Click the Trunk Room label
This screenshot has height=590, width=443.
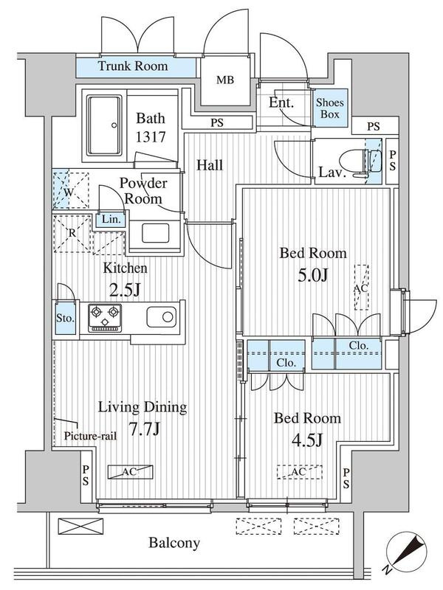[x=133, y=66]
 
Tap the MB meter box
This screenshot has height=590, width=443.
[x=225, y=80]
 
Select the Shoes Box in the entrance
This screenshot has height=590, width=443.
[x=330, y=108]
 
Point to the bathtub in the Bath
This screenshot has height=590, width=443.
[x=105, y=125]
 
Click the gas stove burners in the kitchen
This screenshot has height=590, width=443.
[x=105, y=318]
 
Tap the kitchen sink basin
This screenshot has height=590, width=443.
[x=161, y=317]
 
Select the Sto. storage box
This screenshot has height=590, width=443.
[x=65, y=317]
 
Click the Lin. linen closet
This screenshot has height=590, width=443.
[x=111, y=219]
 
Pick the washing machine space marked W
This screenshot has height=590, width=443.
[x=71, y=191]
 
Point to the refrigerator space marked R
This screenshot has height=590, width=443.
[x=72, y=234]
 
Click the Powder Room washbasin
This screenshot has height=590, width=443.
[x=156, y=233]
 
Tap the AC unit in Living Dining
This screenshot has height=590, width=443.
[x=131, y=472]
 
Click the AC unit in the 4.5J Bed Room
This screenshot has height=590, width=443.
[x=300, y=472]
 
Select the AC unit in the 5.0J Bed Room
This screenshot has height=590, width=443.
[x=362, y=288]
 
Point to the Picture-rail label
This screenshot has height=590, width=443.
[x=90, y=436]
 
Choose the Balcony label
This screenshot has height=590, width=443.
[x=174, y=543]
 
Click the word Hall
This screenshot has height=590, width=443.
[x=210, y=164]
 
